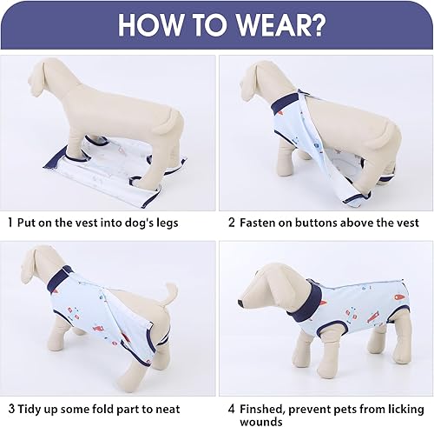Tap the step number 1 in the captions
point(10,223)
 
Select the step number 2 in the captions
point(232,223)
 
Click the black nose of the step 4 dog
point(241,303)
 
